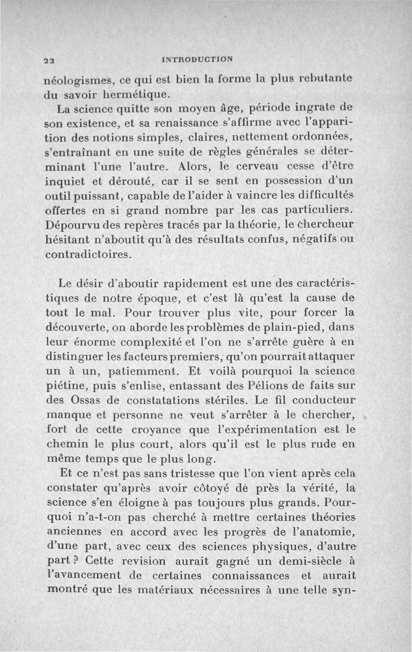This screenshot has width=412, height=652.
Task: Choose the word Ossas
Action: [x=85, y=400]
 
